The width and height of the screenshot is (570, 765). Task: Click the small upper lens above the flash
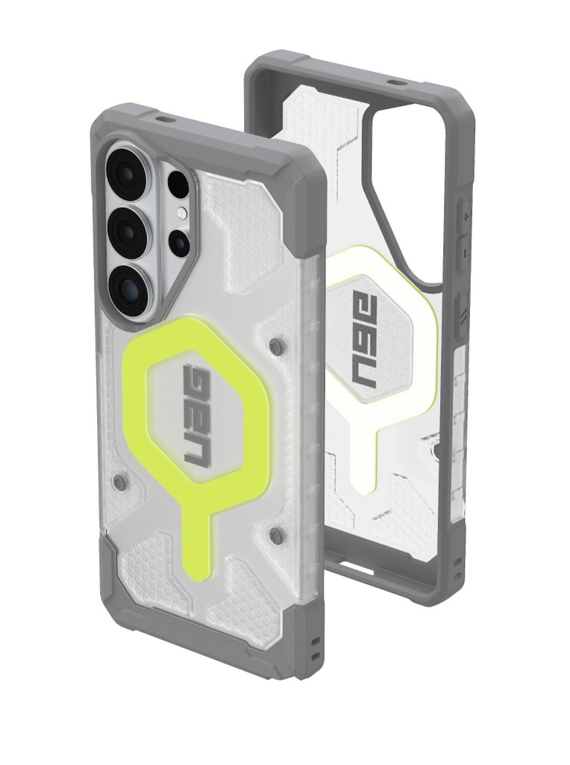click(x=178, y=183)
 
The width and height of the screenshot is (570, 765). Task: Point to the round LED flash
click(x=180, y=214)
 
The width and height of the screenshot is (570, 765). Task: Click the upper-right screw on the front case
click(x=278, y=345)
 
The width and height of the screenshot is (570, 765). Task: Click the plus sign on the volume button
click(x=465, y=217)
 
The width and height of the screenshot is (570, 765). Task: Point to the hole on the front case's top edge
click(x=158, y=118)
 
